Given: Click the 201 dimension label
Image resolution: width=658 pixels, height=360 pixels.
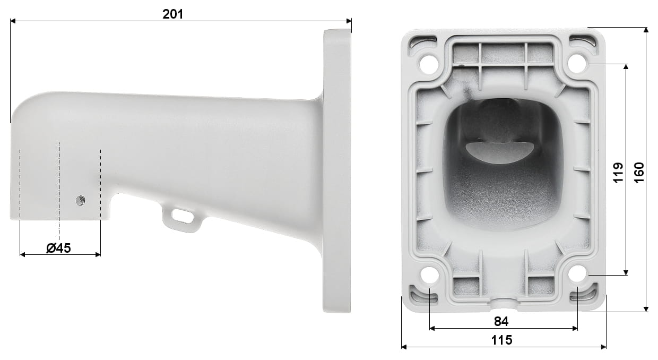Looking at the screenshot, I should point(172,14).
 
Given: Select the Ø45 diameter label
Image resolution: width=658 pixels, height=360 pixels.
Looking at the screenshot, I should point(58,247).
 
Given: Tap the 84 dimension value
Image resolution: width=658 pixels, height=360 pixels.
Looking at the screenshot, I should point(501,321).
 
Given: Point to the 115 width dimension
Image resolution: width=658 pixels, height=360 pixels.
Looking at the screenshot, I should point(501,340).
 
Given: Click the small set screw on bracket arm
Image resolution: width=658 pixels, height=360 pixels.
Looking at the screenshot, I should point(80,200).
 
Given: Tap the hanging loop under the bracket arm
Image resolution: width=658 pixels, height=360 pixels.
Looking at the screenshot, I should point(182,218).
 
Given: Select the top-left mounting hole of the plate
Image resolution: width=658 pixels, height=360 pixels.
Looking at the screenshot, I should point(428,64).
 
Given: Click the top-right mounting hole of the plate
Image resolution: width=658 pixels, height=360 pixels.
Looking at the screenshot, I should point(577,64).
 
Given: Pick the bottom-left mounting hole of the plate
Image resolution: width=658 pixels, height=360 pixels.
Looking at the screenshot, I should point(429,275).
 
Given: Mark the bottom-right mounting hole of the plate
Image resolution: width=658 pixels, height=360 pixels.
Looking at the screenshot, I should point(578,275).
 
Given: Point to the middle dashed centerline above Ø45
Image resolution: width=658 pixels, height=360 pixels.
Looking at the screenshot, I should point(59,186).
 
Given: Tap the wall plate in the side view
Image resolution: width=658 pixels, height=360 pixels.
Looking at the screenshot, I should point(336,170).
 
